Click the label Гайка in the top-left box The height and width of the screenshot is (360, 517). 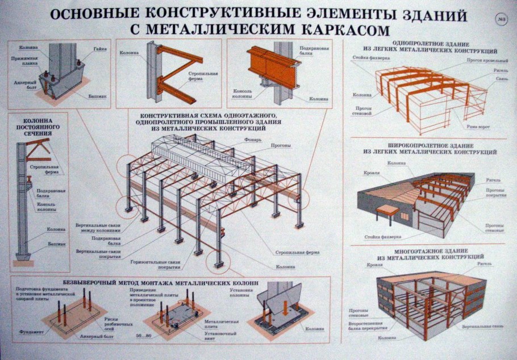pos(97,49)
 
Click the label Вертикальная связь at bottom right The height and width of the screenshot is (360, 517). pos(482,328)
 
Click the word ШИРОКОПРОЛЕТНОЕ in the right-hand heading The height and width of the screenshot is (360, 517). pos(402,145)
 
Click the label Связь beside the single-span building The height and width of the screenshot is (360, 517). pos(498,79)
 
